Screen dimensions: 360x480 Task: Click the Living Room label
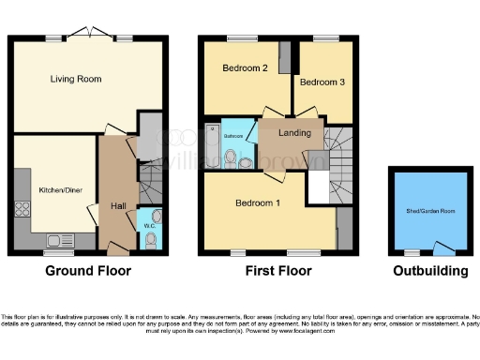pyautogui.click(x=76, y=80)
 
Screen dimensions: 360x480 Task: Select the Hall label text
pyautogui.click(x=118, y=205)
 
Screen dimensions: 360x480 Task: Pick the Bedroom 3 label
pyautogui.click(x=322, y=82)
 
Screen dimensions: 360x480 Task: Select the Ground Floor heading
pyautogui.click(x=88, y=272)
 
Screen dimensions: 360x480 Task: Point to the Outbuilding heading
pyautogui.click(x=430, y=272)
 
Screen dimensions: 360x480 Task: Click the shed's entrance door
pyautogui.click(x=440, y=247)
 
